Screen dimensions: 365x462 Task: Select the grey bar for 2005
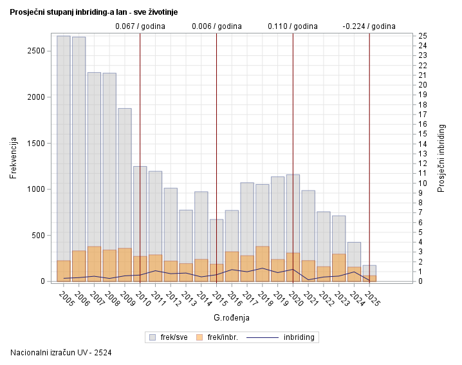pos(64,148)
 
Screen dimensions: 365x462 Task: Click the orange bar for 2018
pos(263,264)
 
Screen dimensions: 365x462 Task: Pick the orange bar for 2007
pos(94,264)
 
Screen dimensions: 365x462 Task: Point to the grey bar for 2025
pos(369,270)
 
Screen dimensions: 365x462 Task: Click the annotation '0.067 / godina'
pos(140,26)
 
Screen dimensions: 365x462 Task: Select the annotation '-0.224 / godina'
pos(369,26)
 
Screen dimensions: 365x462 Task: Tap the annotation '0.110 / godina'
pos(293,26)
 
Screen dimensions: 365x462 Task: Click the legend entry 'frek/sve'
pos(169,337)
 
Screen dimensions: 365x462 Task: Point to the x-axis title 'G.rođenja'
pos(231,318)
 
